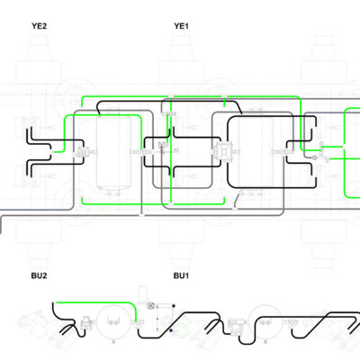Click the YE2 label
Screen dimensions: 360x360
pyautogui.click(x=40, y=26)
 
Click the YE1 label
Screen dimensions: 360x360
pyautogui.click(x=182, y=26)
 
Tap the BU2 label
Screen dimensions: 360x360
pyautogui.click(x=40, y=275)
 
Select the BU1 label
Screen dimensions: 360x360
pyautogui.click(x=181, y=275)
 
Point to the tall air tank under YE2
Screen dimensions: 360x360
pyautogui.click(x=113, y=152)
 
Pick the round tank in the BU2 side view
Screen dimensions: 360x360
pyautogui.click(x=113, y=321)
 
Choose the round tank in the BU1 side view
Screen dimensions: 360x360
pyautogui.click(x=265, y=321)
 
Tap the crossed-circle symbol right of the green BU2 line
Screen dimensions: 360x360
pyautogui.click(x=150, y=306)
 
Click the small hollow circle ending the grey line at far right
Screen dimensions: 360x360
pyautogui.click(x=314, y=157)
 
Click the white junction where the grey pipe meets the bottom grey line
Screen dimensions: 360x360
pyautogui.click(x=142, y=215)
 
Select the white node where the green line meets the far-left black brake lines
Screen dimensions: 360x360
pyautogui.click(x=51, y=152)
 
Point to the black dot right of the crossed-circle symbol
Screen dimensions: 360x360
pyautogui.click(x=174, y=306)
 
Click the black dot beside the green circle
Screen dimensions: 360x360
pyautogui.click(x=171, y=330)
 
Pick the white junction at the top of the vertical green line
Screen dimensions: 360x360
pyautogui.click(x=171, y=96)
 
